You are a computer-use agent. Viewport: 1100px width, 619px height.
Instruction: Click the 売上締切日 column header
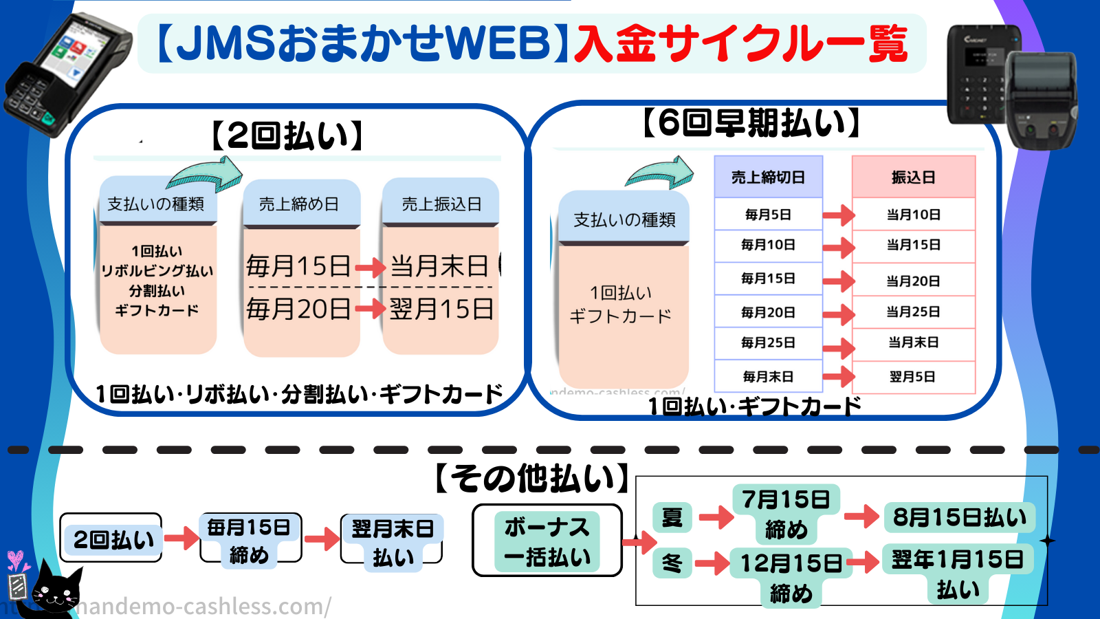pyautogui.click(x=768, y=177)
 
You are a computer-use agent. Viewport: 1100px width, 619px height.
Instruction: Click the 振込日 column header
pyautogui.click(x=913, y=177)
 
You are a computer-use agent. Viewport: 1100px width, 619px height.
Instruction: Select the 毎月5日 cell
pyautogui.click(x=768, y=215)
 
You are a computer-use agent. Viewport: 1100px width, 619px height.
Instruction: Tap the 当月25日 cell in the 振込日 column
pyautogui.click(x=913, y=312)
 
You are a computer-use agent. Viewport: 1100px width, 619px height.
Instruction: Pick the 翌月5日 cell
pyautogui.click(x=913, y=377)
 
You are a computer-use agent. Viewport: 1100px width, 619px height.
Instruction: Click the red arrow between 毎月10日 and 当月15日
pyautogui.click(x=838, y=247)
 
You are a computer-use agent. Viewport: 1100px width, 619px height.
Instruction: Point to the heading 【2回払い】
pyautogui.click(x=287, y=135)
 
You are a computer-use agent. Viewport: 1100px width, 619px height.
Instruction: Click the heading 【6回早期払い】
pyautogui.click(x=751, y=123)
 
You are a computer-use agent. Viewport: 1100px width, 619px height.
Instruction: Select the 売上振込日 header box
pyautogui.click(x=441, y=204)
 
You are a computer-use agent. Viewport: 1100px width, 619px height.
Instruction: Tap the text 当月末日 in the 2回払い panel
pyautogui.click(x=440, y=266)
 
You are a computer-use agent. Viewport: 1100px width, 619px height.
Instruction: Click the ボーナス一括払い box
pyautogui.click(x=547, y=541)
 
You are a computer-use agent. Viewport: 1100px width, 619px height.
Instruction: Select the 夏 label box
pyautogui.click(x=672, y=517)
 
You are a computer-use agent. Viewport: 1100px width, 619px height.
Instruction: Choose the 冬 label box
pyautogui.click(x=672, y=563)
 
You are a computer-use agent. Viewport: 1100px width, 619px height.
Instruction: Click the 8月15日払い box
pyautogui.click(x=959, y=517)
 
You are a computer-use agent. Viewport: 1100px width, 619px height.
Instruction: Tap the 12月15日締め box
pyautogui.click(x=791, y=576)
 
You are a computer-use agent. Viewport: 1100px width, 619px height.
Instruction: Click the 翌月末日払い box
pyautogui.click(x=392, y=541)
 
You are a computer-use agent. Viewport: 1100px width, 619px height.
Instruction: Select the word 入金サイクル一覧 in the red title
pyautogui.click(x=741, y=43)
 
